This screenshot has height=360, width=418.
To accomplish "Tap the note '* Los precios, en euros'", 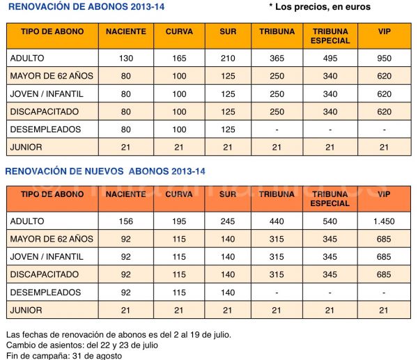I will [x=319, y=7].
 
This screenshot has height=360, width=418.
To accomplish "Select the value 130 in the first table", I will [x=125, y=58].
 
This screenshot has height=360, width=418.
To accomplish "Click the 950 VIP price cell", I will [x=383, y=58].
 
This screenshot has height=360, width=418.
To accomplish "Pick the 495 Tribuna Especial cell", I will [x=330, y=58].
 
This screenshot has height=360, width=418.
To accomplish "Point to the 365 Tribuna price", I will [x=277, y=58].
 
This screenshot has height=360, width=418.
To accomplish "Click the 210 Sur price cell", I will [x=227, y=58].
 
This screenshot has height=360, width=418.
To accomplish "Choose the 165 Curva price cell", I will [x=179, y=58].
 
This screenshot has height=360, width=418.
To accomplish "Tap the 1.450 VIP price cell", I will [x=383, y=221].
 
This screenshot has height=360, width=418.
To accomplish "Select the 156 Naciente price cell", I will [x=125, y=221].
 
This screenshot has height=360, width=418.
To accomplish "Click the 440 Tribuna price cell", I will [x=277, y=221].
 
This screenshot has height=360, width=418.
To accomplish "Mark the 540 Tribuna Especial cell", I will [x=330, y=221].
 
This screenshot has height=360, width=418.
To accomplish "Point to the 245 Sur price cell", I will [x=227, y=221].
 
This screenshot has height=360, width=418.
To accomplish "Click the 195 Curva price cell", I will [x=179, y=221].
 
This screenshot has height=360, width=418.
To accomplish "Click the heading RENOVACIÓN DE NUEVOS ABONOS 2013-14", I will [x=105, y=171].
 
